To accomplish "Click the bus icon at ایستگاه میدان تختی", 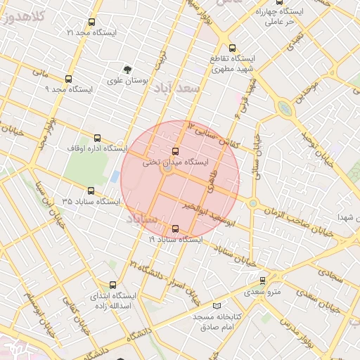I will pyautogui.click(x=175, y=151).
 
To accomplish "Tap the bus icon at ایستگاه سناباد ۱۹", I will pyautogui.click(x=175, y=229).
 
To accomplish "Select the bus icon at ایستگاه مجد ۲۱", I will pyautogui.click(x=92, y=22).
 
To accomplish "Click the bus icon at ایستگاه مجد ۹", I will pyautogui.click(x=68, y=79).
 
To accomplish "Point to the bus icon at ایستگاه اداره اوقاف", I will pyautogui.click(x=97, y=138).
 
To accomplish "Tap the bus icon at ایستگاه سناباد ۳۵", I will pyautogui.click(x=91, y=191).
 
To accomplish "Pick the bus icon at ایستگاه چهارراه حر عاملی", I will pyautogui.click(x=279, y=1).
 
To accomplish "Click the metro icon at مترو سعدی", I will pyautogui.click(x=263, y=281).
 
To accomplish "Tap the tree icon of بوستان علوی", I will pyautogui.click(x=127, y=70).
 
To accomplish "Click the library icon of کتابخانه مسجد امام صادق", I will pyautogui.click(x=217, y=306).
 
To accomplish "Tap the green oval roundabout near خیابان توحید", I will pyautogui.click(x=285, y=108).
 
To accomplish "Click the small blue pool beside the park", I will pyautogui.click(x=114, y=175).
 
